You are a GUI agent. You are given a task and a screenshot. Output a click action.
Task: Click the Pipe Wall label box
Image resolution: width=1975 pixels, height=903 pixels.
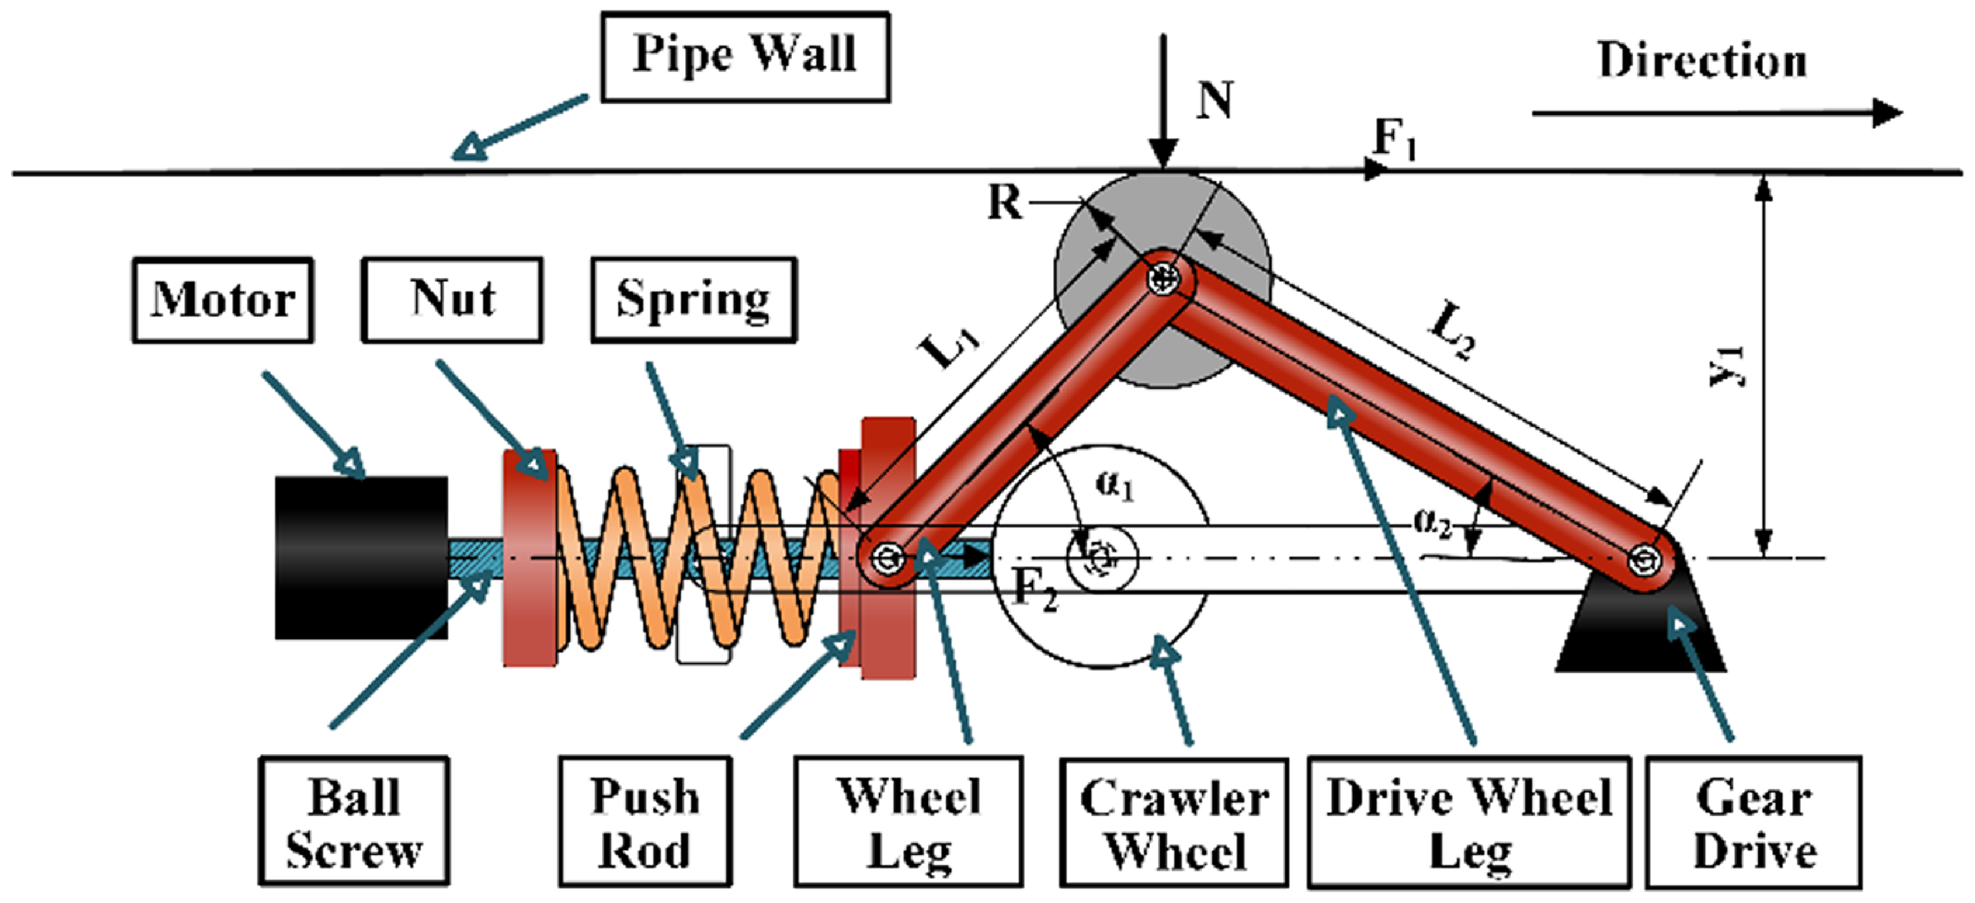[x=745, y=57]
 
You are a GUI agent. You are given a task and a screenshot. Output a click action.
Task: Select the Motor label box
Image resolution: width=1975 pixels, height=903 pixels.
[x=223, y=300]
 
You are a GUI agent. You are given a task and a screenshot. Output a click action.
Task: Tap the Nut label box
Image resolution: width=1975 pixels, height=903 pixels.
[x=452, y=300]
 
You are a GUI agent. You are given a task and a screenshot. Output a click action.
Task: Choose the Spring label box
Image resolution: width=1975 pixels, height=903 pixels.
[x=694, y=300]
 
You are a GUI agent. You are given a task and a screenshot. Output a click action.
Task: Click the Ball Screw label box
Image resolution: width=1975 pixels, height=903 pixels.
[x=354, y=822]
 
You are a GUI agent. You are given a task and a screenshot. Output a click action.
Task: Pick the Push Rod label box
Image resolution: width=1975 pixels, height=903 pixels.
[x=645, y=822]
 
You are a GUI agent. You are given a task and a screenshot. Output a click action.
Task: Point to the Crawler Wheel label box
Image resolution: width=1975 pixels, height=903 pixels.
[x=1174, y=823]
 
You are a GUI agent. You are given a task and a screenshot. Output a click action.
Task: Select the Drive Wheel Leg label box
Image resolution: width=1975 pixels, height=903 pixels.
[x=1469, y=823]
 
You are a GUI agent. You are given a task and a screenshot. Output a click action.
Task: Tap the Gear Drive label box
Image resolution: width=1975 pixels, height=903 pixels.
[x=1753, y=823]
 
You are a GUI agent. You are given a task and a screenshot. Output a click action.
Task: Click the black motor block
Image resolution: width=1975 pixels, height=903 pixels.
[x=361, y=557]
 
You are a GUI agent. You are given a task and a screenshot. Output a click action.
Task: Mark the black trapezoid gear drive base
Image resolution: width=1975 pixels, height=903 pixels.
[x=1641, y=636]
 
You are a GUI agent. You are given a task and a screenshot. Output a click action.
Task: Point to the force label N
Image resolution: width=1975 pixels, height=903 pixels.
[x=1214, y=100]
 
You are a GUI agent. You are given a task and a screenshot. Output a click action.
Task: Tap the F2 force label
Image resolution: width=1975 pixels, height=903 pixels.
[x=1035, y=589]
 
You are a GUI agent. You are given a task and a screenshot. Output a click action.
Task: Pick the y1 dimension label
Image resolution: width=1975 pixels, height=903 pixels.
[x=1728, y=366]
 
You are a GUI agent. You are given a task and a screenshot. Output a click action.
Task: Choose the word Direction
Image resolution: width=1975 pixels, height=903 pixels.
[x=1702, y=60]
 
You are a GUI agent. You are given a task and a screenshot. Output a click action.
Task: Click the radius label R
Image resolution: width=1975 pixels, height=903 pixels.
[x=1004, y=203]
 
